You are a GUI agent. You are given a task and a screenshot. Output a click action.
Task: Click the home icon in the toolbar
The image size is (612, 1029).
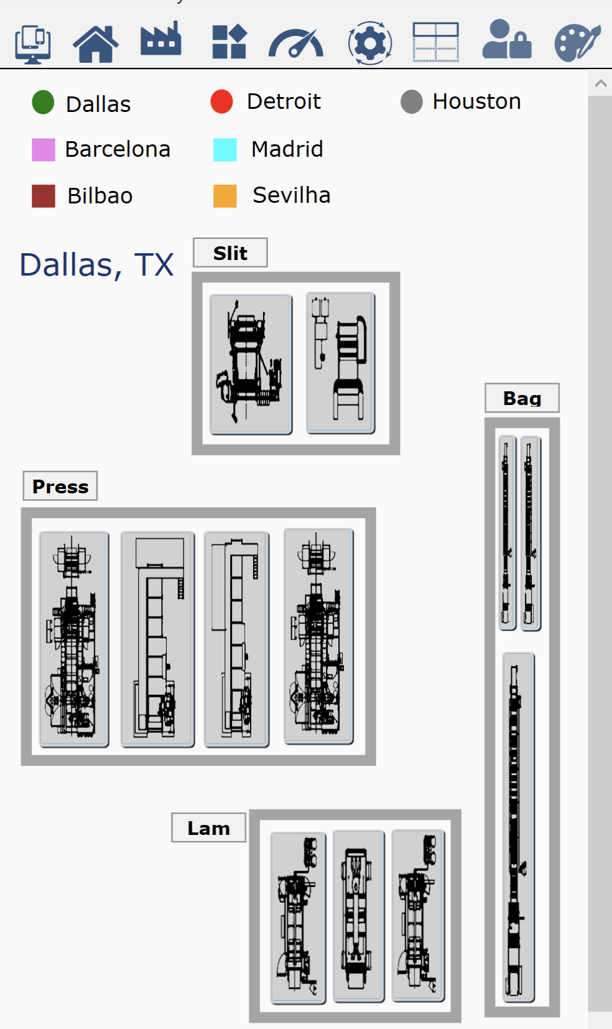pos(96,44)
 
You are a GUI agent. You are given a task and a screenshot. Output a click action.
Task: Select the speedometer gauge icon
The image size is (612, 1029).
pos(296,43)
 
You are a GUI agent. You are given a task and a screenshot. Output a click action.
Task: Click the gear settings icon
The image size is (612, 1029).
pos(370,43)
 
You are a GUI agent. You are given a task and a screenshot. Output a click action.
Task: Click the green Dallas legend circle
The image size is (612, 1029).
pos(43,102)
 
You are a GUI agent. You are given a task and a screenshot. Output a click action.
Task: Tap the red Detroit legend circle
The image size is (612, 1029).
pos(222,101)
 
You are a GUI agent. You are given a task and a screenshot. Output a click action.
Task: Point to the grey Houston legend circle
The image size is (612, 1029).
pos(411,101)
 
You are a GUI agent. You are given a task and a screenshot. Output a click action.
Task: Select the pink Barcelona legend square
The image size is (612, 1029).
pos(43,150)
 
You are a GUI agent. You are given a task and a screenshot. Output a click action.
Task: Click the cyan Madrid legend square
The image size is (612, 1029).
pos(225,150)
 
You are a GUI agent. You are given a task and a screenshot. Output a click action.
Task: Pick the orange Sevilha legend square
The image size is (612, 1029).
pos(225,196)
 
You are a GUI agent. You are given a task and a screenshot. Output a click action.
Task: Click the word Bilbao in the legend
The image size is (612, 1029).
pos(100,196)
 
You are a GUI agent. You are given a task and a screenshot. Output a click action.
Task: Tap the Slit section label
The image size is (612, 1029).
pos(231,253)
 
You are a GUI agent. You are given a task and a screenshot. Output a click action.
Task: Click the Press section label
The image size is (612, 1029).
pos(60,486)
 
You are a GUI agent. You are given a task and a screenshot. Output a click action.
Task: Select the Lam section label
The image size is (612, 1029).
pos(209,828)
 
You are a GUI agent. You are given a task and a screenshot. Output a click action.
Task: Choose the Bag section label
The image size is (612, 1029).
pos(522,398)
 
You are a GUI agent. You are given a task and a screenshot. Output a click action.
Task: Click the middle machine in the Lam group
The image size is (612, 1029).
pos(359,916)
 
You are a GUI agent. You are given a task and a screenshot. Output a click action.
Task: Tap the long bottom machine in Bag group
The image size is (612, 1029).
pos(518,827)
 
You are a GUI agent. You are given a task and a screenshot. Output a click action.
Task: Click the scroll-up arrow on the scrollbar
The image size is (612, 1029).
pos(601,83)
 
